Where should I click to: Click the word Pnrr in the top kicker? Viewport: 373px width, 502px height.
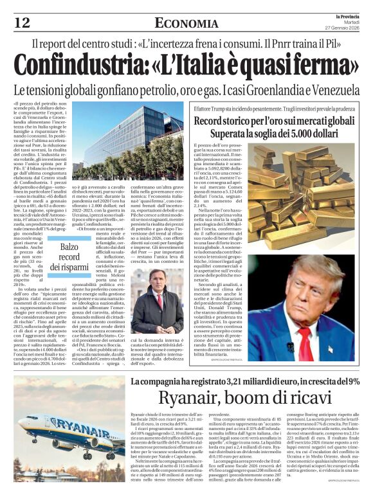coord(293,46)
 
